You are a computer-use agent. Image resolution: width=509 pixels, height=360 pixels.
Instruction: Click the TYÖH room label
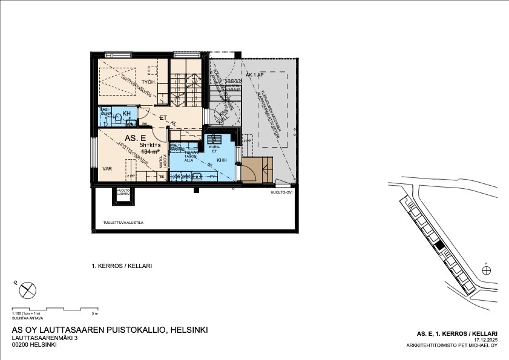pos(148,82)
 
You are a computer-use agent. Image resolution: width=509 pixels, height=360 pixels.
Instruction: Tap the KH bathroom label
pos(126,114)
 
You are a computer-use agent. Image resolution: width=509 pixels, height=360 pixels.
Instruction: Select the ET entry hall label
pos(163,118)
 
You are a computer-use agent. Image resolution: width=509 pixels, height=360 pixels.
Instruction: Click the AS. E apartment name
pos(134,138)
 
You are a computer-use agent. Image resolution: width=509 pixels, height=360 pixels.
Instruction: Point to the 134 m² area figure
pos(151,152)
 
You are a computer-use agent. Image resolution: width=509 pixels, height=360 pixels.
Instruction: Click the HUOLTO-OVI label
pos(281,192)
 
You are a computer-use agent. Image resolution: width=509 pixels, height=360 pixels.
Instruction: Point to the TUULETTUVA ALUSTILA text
pos(123,223)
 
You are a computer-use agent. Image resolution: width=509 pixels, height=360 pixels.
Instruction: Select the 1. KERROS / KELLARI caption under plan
pos(121,266)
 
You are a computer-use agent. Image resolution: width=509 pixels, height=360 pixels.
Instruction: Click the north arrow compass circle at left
pos(27,290)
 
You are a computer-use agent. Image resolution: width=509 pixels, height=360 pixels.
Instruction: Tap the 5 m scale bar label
pos(94,314)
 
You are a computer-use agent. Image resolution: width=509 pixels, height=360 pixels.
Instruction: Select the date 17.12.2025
pos(485,340)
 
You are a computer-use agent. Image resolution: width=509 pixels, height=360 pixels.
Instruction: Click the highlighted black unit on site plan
pos(441,245)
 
